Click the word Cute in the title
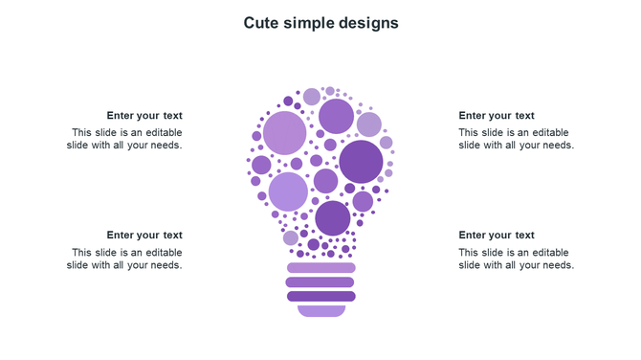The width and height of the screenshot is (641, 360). coord(260,22)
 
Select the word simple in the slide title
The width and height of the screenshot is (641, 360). coord(306,22)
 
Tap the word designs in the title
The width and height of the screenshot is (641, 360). coord(367,22)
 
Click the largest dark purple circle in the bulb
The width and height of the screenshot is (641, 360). coord(361,162)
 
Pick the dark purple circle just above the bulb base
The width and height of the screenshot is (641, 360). coord(333,218)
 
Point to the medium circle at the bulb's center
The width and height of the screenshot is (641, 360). coord(326,181)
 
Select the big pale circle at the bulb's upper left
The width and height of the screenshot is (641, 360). coord(284,132)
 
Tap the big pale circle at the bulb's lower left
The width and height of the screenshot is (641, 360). coord(288,191)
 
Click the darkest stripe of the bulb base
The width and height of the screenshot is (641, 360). coord(321,297)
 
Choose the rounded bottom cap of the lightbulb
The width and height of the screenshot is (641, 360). coord(321,310)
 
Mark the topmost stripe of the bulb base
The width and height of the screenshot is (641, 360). coord(321,268)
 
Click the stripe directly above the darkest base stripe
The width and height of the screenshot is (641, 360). coord(321,282)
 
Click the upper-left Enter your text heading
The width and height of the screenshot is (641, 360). coord(144,116)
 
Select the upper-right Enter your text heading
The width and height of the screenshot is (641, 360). coord(497,116)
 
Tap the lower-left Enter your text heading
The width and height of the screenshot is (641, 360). coord(144,236)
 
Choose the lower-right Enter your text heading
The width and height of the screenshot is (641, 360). coord(497,236)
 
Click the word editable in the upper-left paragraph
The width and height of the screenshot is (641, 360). coord(162,133)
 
